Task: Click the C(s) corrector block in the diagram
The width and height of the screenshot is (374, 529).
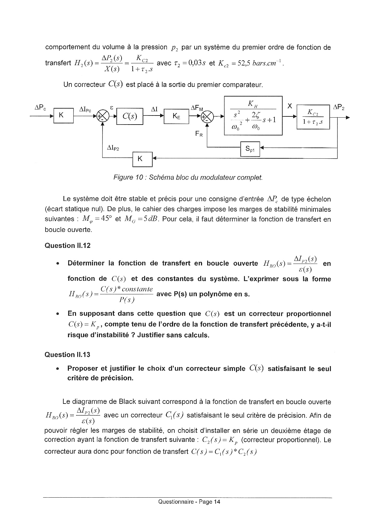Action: coord(130,116)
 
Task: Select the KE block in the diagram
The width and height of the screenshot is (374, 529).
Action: coord(176,116)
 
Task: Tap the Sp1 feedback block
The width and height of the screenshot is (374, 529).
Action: coord(250,149)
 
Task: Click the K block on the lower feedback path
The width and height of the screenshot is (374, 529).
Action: coord(142,159)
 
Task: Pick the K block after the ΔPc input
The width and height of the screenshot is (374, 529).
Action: coord(63,115)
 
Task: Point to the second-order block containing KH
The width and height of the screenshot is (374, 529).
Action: coord(253,116)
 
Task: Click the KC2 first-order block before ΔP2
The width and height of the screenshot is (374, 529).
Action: coord(313,117)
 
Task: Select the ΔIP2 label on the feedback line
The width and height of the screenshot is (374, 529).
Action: coord(113,148)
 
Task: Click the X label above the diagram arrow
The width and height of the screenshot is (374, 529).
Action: coord(290,106)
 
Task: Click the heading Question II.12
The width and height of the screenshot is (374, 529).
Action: coord(67,246)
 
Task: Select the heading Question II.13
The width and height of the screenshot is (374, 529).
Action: coord(67,355)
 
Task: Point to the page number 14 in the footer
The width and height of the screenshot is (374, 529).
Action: coord(217,502)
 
